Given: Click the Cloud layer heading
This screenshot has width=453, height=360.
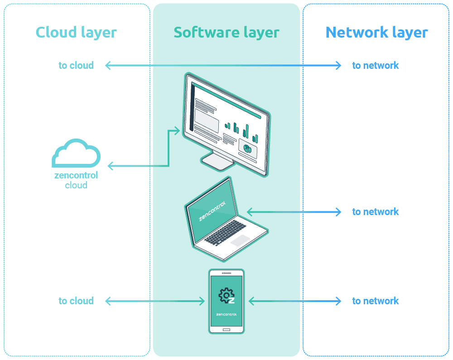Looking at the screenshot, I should pyautogui.click(x=76, y=32).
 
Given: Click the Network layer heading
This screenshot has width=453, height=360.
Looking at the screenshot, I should pyautogui.click(x=376, y=32).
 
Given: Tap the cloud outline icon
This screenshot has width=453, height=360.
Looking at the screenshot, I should pyautogui.click(x=76, y=153).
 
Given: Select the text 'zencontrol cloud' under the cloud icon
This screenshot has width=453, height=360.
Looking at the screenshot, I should pyautogui.click(x=76, y=180).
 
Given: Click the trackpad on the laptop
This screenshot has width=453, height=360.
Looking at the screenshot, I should pyautogui.click(x=240, y=240).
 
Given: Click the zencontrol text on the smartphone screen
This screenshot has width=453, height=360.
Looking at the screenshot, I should pyautogui.click(x=226, y=314).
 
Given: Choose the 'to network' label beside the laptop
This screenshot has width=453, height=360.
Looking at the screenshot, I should pyautogui.click(x=376, y=211).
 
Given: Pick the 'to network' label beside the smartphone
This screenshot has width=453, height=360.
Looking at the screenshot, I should pyautogui.click(x=376, y=301).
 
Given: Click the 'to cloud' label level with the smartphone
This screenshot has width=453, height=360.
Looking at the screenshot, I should pyautogui.click(x=76, y=301).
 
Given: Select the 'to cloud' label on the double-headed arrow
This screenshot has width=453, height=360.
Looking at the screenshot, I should pyautogui.click(x=76, y=65).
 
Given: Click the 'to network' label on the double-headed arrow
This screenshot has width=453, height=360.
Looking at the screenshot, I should pyautogui.click(x=376, y=65).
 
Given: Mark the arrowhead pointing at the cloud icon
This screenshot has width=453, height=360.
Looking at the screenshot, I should pyautogui.click(x=110, y=166).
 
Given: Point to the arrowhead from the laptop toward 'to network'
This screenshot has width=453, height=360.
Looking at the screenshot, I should pyautogui.click(x=338, y=212).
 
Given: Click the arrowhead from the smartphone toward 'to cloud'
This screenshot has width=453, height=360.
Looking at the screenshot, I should pyautogui.click(x=108, y=301).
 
